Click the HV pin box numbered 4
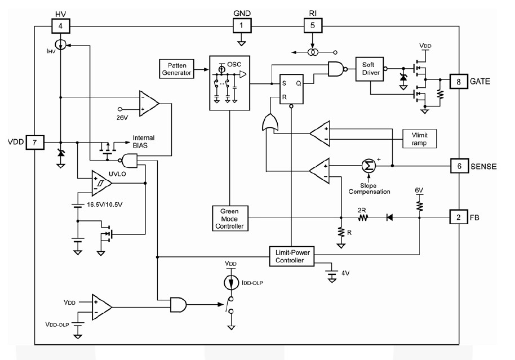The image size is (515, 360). (x=60, y=25)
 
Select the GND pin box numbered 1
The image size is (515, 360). (x=242, y=25)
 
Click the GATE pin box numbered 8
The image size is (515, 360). (x=458, y=82)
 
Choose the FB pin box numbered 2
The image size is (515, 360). (x=458, y=216)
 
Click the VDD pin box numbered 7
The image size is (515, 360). (x=34, y=143)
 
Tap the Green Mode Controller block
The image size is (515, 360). (x=229, y=218)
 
